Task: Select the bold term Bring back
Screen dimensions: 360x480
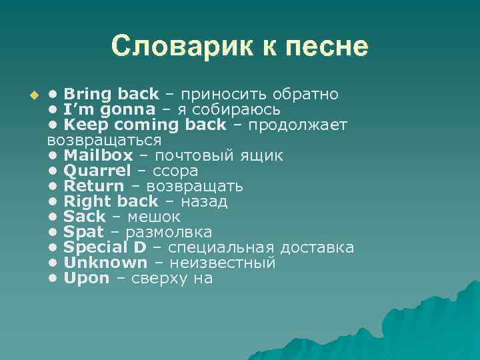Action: (x=111, y=94)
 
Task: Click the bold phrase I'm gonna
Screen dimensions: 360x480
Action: (x=109, y=109)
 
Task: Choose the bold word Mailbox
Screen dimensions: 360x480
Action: (x=98, y=155)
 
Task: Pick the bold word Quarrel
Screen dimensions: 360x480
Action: (x=97, y=171)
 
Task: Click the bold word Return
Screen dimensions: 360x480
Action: (x=93, y=186)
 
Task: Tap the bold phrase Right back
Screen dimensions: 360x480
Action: (x=111, y=201)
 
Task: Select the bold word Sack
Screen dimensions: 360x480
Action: (x=85, y=217)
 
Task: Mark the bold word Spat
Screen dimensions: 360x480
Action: (x=83, y=232)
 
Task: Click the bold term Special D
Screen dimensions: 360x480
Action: (x=105, y=247)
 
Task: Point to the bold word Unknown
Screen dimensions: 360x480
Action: (x=105, y=263)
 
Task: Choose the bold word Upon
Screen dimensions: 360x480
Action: (x=87, y=278)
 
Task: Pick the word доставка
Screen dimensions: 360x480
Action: (x=317, y=247)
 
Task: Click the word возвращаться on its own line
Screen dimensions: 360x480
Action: (x=105, y=140)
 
